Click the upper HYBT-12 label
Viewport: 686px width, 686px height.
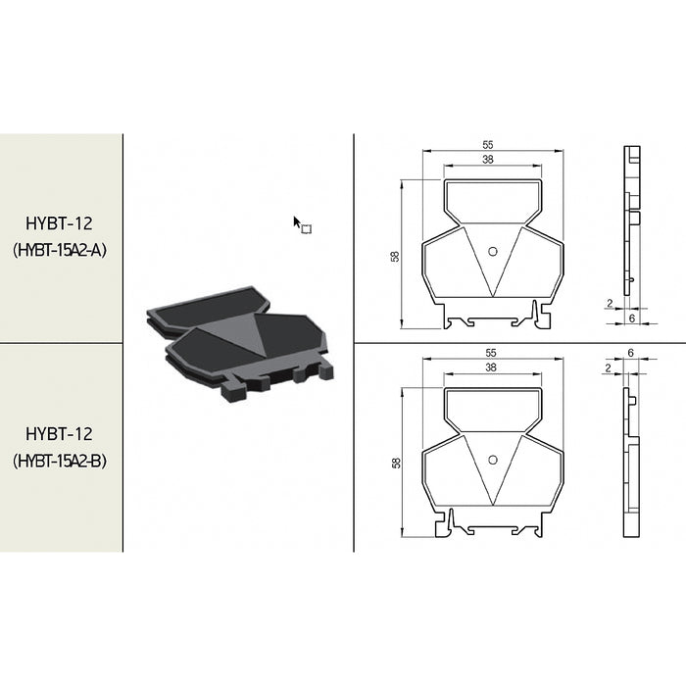pyautogui.click(x=60, y=223)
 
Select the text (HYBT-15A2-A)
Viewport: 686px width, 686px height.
pyautogui.click(x=60, y=250)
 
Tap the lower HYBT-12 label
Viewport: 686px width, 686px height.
pyautogui.click(x=60, y=433)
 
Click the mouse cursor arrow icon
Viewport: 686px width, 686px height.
pyautogui.click(x=298, y=222)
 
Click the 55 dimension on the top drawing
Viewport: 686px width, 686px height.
pyautogui.click(x=488, y=145)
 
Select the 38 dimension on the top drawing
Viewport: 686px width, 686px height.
pyautogui.click(x=488, y=159)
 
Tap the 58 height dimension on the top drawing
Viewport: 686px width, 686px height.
pyautogui.click(x=395, y=256)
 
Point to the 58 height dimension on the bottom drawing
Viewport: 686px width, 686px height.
pyautogui.click(x=395, y=463)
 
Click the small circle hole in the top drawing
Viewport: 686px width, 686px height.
pyautogui.click(x=492, y=251)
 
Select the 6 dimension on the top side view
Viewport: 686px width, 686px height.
pyautogui.click(x=632, y=318)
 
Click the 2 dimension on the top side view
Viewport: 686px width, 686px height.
pyautogui.click(x=610, y=303)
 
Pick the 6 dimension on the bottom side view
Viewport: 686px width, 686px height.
pyautogui.click(x=632, y=352)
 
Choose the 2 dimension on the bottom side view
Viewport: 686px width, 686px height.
pyautogui.click(x=610, y=367)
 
